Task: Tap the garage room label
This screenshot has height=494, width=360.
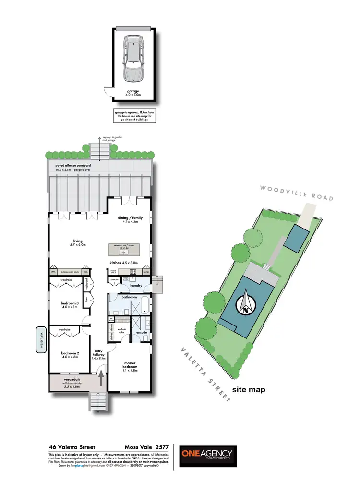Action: point(133,91)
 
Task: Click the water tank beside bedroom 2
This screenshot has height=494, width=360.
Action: point(41,340)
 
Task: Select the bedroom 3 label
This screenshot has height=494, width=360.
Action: point(70,303)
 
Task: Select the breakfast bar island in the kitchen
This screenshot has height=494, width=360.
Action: point(124,249)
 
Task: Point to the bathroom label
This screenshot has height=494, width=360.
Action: point(130,297)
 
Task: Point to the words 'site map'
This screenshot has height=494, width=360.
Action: point(249,390)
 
